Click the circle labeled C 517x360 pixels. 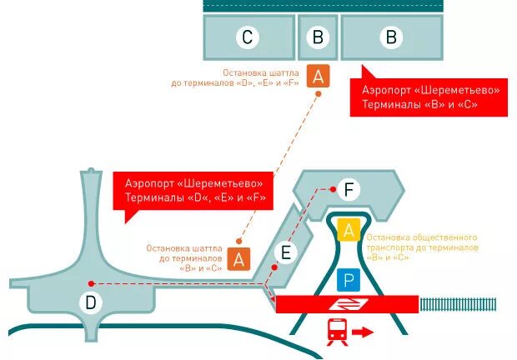pyautogui.click(x=247, y=37)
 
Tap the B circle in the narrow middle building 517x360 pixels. pyautogui.click(x=317, y=37)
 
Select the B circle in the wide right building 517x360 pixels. pyautogui.click(x=390, y=37)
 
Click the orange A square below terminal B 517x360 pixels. pyautogui.click(x=318, y=77)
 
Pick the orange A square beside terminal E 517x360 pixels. pyautogui.click(x=239, y=259)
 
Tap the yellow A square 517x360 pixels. pyautogui.click(x=348, y=229)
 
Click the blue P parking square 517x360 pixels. pyautogui.click(x=348, y=281)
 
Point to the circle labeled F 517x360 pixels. pyautogui.click(x=349, y=190)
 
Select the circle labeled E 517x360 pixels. pyautogui.click(x=285, y=252)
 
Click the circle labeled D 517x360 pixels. pyautogui.click(x=90, y=302)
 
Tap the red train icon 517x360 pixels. pyautogui.click(x=337, y=331)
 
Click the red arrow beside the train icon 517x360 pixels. pyautogui.click(x=364, y=332)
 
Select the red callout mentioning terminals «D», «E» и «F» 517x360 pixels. pyautogui.click(x=193, y=190)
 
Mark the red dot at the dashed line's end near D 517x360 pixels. pyautogui.click(x=90, y=283)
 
